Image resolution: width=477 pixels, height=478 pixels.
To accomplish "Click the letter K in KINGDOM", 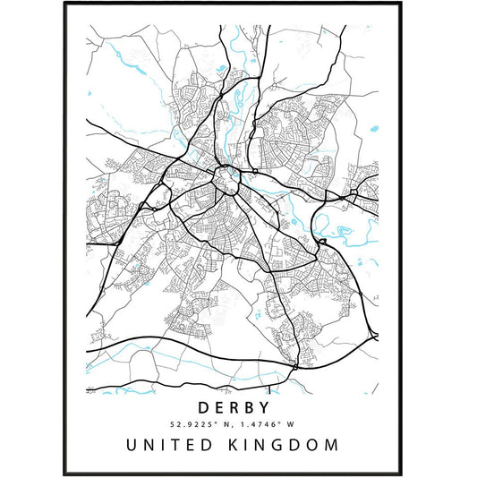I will (237, 445).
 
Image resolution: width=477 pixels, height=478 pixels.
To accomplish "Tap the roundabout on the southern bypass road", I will (294, 364).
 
